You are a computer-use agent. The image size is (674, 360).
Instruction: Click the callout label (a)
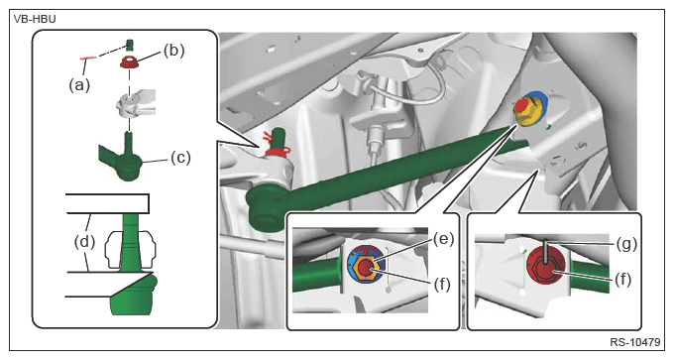pos(79,85)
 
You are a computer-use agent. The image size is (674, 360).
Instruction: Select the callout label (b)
pos(173,51)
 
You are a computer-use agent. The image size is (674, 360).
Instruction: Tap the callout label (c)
pos(180,158)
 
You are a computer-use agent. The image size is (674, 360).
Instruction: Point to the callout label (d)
pos(84,241)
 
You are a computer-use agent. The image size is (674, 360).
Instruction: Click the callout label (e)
pos(444,239)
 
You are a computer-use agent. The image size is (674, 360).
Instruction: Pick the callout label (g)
pos(626,244)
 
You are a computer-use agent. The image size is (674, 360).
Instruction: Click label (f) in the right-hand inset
pos(622,280)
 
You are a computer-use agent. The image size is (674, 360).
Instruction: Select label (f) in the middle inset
pos(441,284)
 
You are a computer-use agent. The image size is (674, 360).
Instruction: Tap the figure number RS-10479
pos(634,342)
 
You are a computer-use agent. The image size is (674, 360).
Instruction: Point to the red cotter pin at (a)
pos(88,58)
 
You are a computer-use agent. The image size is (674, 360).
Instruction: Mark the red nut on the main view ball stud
pos(278,151)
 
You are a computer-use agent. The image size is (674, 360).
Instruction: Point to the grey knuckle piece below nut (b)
pos(133,104)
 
